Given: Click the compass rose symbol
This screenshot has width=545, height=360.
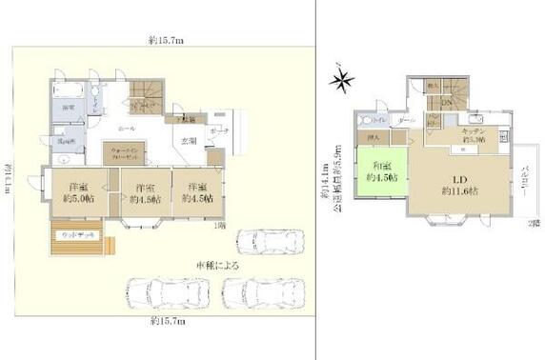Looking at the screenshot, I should point(341,82).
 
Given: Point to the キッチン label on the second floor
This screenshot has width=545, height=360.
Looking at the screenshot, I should point(474,132).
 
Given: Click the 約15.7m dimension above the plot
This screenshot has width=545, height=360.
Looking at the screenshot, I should point(166,40).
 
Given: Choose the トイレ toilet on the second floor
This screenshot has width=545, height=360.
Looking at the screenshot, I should point(373,121).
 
